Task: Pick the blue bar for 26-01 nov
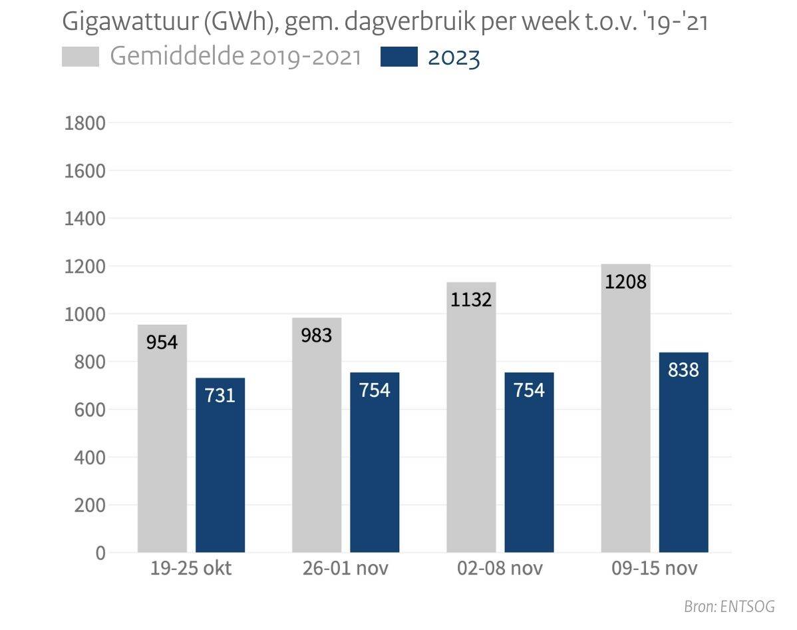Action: pyautogui.click(x=375, y=462)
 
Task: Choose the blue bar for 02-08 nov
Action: pyautogui.click(x=529, y=462)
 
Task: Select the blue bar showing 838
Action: pyautogui.click(x=683, y=452)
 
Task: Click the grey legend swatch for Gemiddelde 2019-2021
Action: pyautogui.click(x=80, y=57)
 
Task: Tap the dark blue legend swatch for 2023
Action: pyautogui.click(x=398, y=57)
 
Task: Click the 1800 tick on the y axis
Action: pyautogui.click(x=84, y=124)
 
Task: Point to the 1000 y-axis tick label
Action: pyautogui.click(x=84, y=314)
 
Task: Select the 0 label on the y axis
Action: pyautogui.click(x=100, y=553)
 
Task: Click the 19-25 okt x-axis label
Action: pyautogui.click(x=191, y=569)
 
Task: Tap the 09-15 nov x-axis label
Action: pyautogui.click(x=655, y=569)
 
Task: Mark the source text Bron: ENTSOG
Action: pyautogui.click(x=729, y=607)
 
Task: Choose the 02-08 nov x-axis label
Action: pyautogui.click(x=500, y=569)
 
